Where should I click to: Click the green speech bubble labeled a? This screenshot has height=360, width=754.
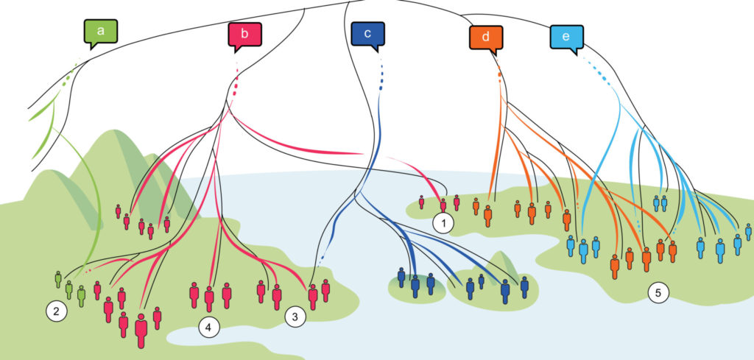coord(100,32)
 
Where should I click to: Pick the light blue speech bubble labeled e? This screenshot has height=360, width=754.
coord(566,37)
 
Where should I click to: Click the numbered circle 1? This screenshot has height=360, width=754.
coord(443,222)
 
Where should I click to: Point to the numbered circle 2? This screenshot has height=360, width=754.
coord(56,311)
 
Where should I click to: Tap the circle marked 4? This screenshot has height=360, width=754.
coord(209,325)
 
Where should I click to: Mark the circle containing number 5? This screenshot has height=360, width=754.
coord(658,293)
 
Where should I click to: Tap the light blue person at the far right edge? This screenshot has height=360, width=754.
coord(749,232)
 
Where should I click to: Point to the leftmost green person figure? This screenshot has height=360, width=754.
coord(58,279)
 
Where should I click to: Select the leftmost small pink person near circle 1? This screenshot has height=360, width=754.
coord(421,201)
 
